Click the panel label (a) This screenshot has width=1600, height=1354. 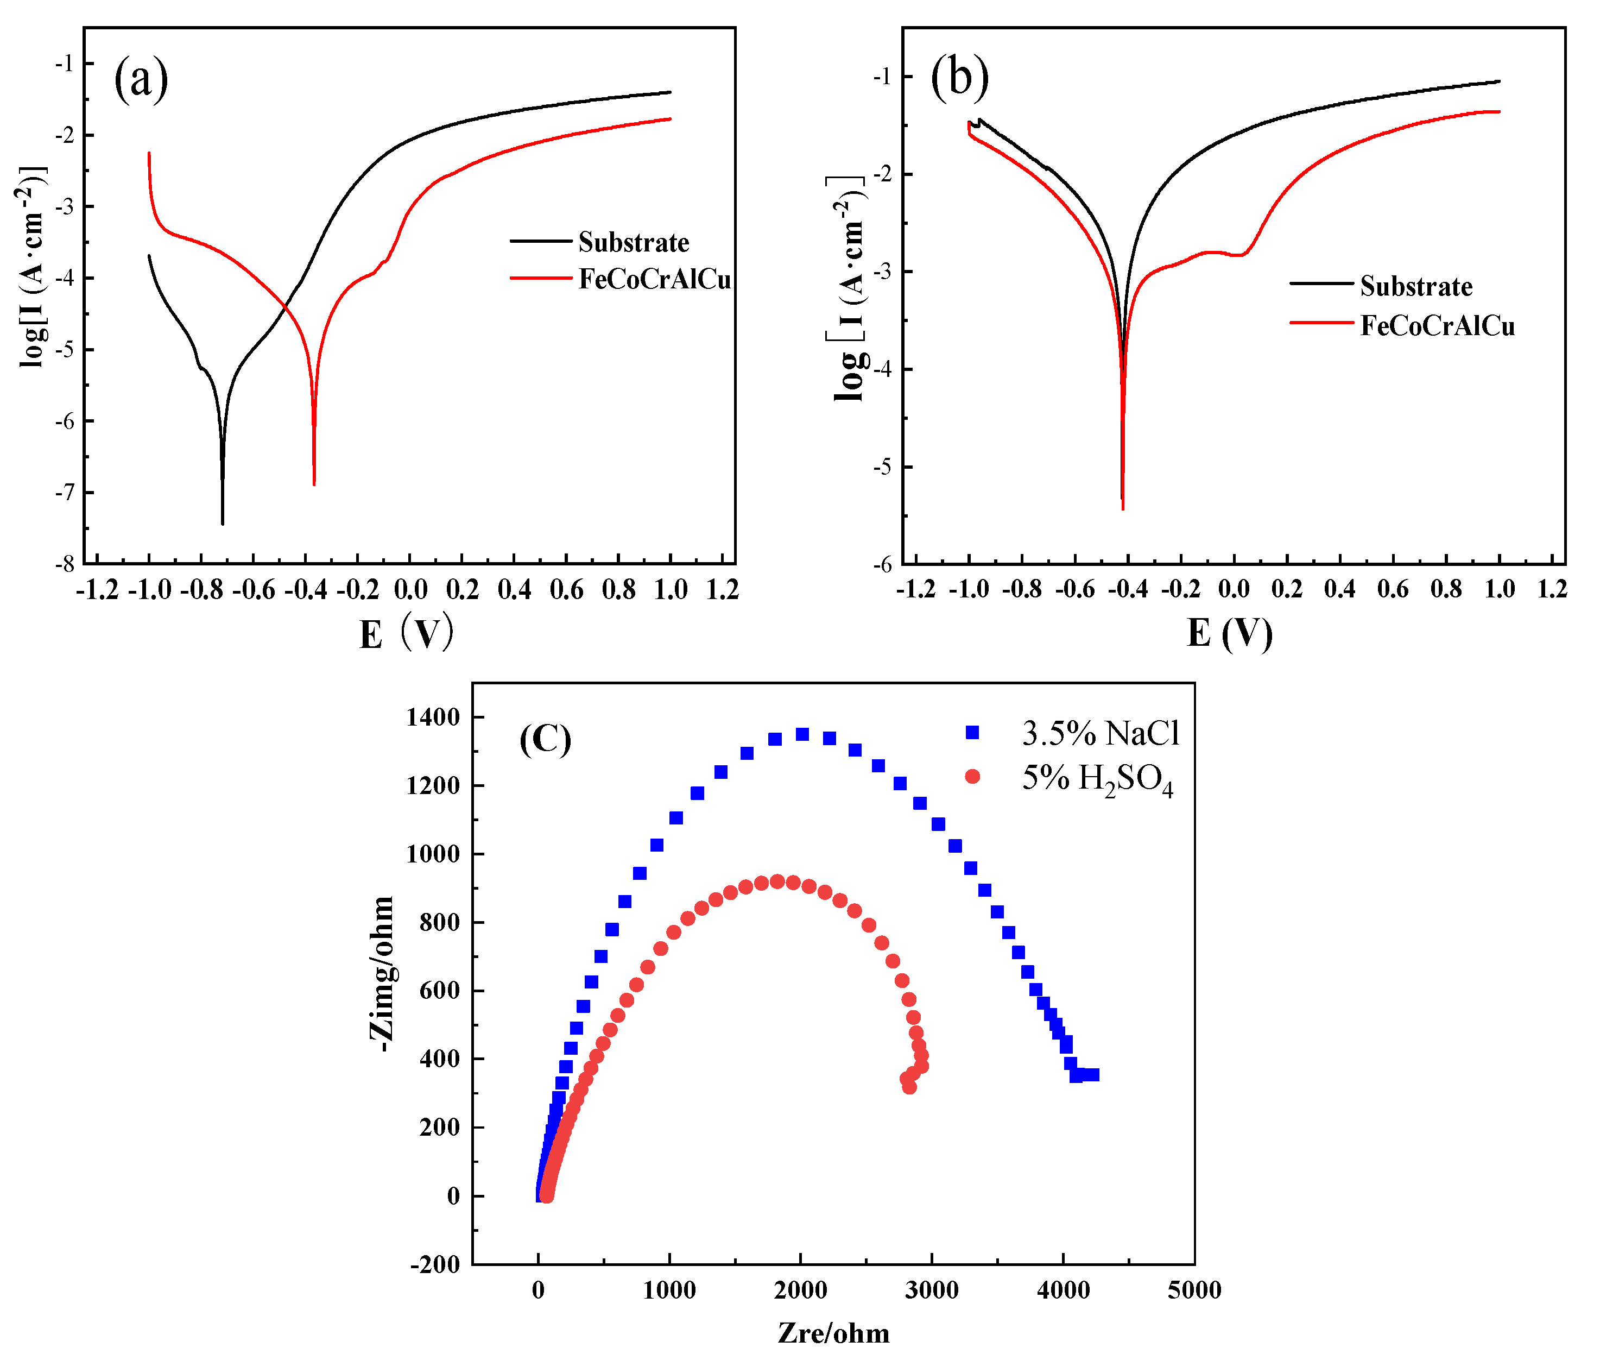pyautogui.click(x=141, y=79)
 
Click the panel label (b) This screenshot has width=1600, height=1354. pyautogui.click(x=959, y=78)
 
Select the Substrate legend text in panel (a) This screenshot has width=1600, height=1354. pyautogui.click(x=633, y=243)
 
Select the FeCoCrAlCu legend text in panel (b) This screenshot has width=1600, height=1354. pyautogui.click(x=1437, y=326)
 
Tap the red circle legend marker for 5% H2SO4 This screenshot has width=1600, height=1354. pyautogui.click(x=971, y=777)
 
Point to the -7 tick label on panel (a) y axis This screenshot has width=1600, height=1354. pyautogui.click(x=65, y=492)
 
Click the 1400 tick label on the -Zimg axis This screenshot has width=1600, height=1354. pyautogui.click(x=433, y=717)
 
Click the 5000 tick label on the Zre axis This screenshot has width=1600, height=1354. pyautogui.click(x=1193, y=1290)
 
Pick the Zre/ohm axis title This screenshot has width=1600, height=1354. pyautogui.click(x=833, y=1333)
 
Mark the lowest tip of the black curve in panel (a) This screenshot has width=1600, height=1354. pyautogui.click(x=223, y=524)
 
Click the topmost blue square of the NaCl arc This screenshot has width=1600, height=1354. pyautogui.click(x=802, y=734)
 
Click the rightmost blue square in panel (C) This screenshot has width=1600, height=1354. pyautogui.click(x=1093, y=1075)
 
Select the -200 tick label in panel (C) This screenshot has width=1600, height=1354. pyautogui.click(x=435, y=1265)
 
